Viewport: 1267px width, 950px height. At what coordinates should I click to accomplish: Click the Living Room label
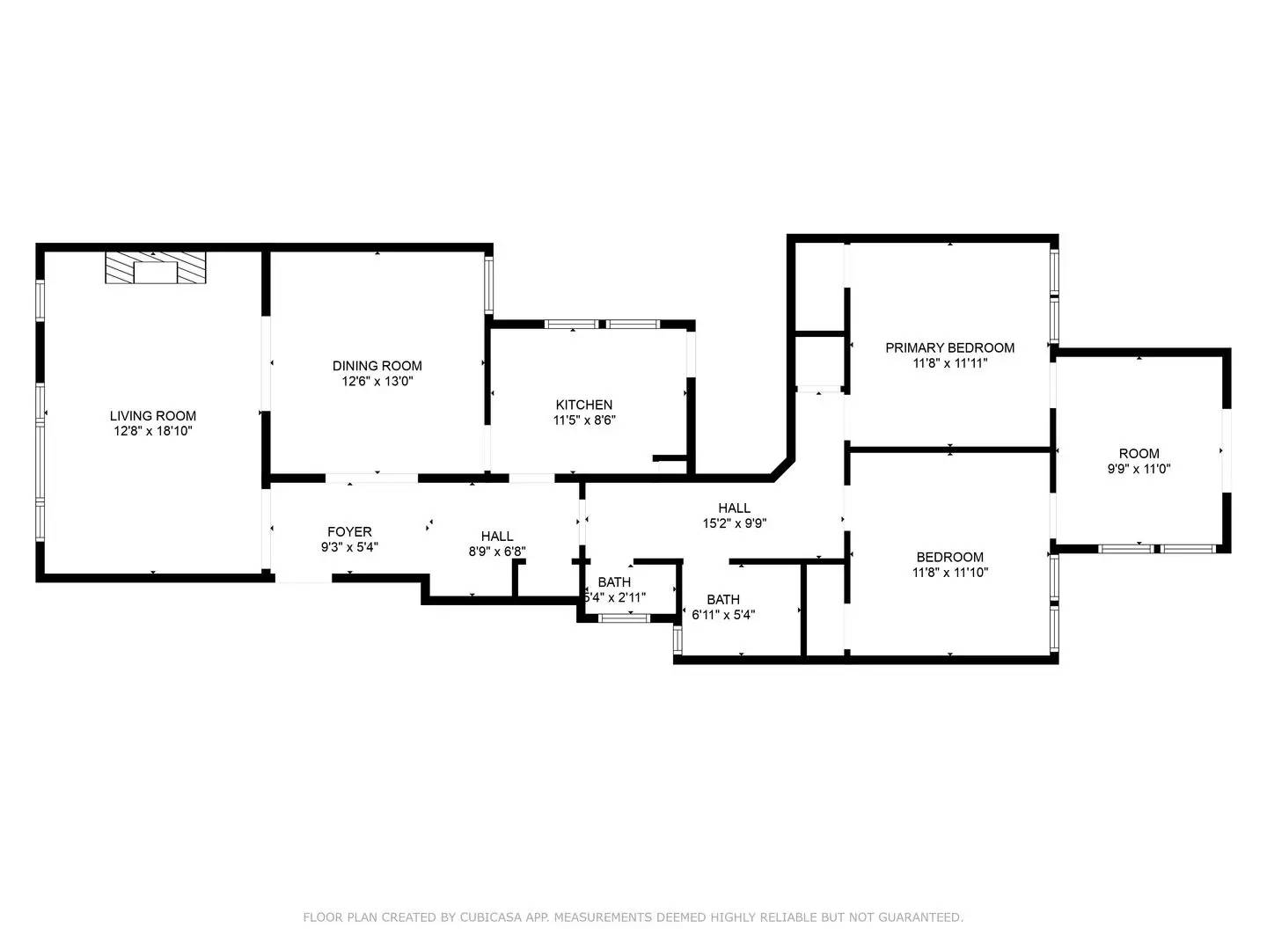(153, 415)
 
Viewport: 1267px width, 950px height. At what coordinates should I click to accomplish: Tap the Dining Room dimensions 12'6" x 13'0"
(377, 381)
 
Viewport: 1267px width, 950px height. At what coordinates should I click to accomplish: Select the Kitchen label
(584, 405)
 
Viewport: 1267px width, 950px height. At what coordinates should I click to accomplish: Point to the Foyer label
(350, 532)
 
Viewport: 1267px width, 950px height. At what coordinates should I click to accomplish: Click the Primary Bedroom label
(950, 347)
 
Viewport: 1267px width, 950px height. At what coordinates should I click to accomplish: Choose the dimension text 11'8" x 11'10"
(950, 572)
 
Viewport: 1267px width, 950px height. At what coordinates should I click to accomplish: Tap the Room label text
(1139, 453)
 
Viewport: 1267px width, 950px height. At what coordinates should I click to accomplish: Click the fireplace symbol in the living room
(155, 267)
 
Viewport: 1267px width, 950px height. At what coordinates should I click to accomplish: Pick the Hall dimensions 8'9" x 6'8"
(497, 552)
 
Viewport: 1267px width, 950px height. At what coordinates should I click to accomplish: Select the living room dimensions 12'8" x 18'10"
(153, 431)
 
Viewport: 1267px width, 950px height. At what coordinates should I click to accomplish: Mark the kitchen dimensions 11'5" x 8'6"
(584, 420)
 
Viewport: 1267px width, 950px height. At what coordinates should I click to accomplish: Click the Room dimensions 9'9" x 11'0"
(1139, 469)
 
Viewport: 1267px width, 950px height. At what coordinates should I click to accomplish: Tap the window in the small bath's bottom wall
(624, 618)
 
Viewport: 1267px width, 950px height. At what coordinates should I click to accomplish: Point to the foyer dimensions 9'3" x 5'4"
(350, 547)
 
